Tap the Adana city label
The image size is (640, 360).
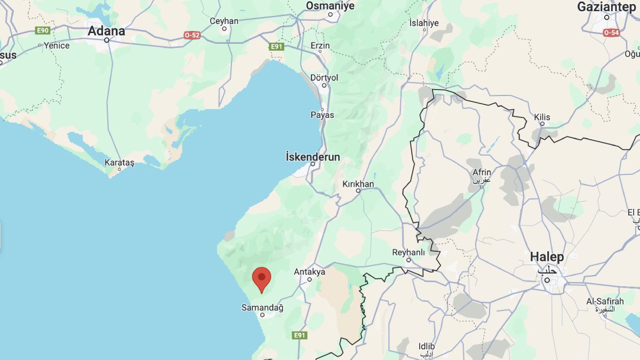[106, 31]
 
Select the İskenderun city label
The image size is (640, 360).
[313, 157]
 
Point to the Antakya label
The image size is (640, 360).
[309, 272]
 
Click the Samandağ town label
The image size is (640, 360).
[262, 308]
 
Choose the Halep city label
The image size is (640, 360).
[547, 257]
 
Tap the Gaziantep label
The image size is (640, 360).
[607, 7]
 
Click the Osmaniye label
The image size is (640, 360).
[330, 5]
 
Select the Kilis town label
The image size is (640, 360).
[542, 117]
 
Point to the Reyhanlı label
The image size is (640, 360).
[409, 252]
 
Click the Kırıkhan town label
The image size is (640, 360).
[358, 184]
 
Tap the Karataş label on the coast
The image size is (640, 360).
[119, 162]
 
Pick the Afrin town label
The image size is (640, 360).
[482, 172]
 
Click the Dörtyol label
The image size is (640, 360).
[324, 78]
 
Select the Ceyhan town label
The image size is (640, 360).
[224, 21]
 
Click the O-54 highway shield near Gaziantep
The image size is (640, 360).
[611, 33]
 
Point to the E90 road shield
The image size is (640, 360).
[43, 30]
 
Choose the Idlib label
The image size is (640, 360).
[427, 346]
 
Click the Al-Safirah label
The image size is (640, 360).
[605, 302]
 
